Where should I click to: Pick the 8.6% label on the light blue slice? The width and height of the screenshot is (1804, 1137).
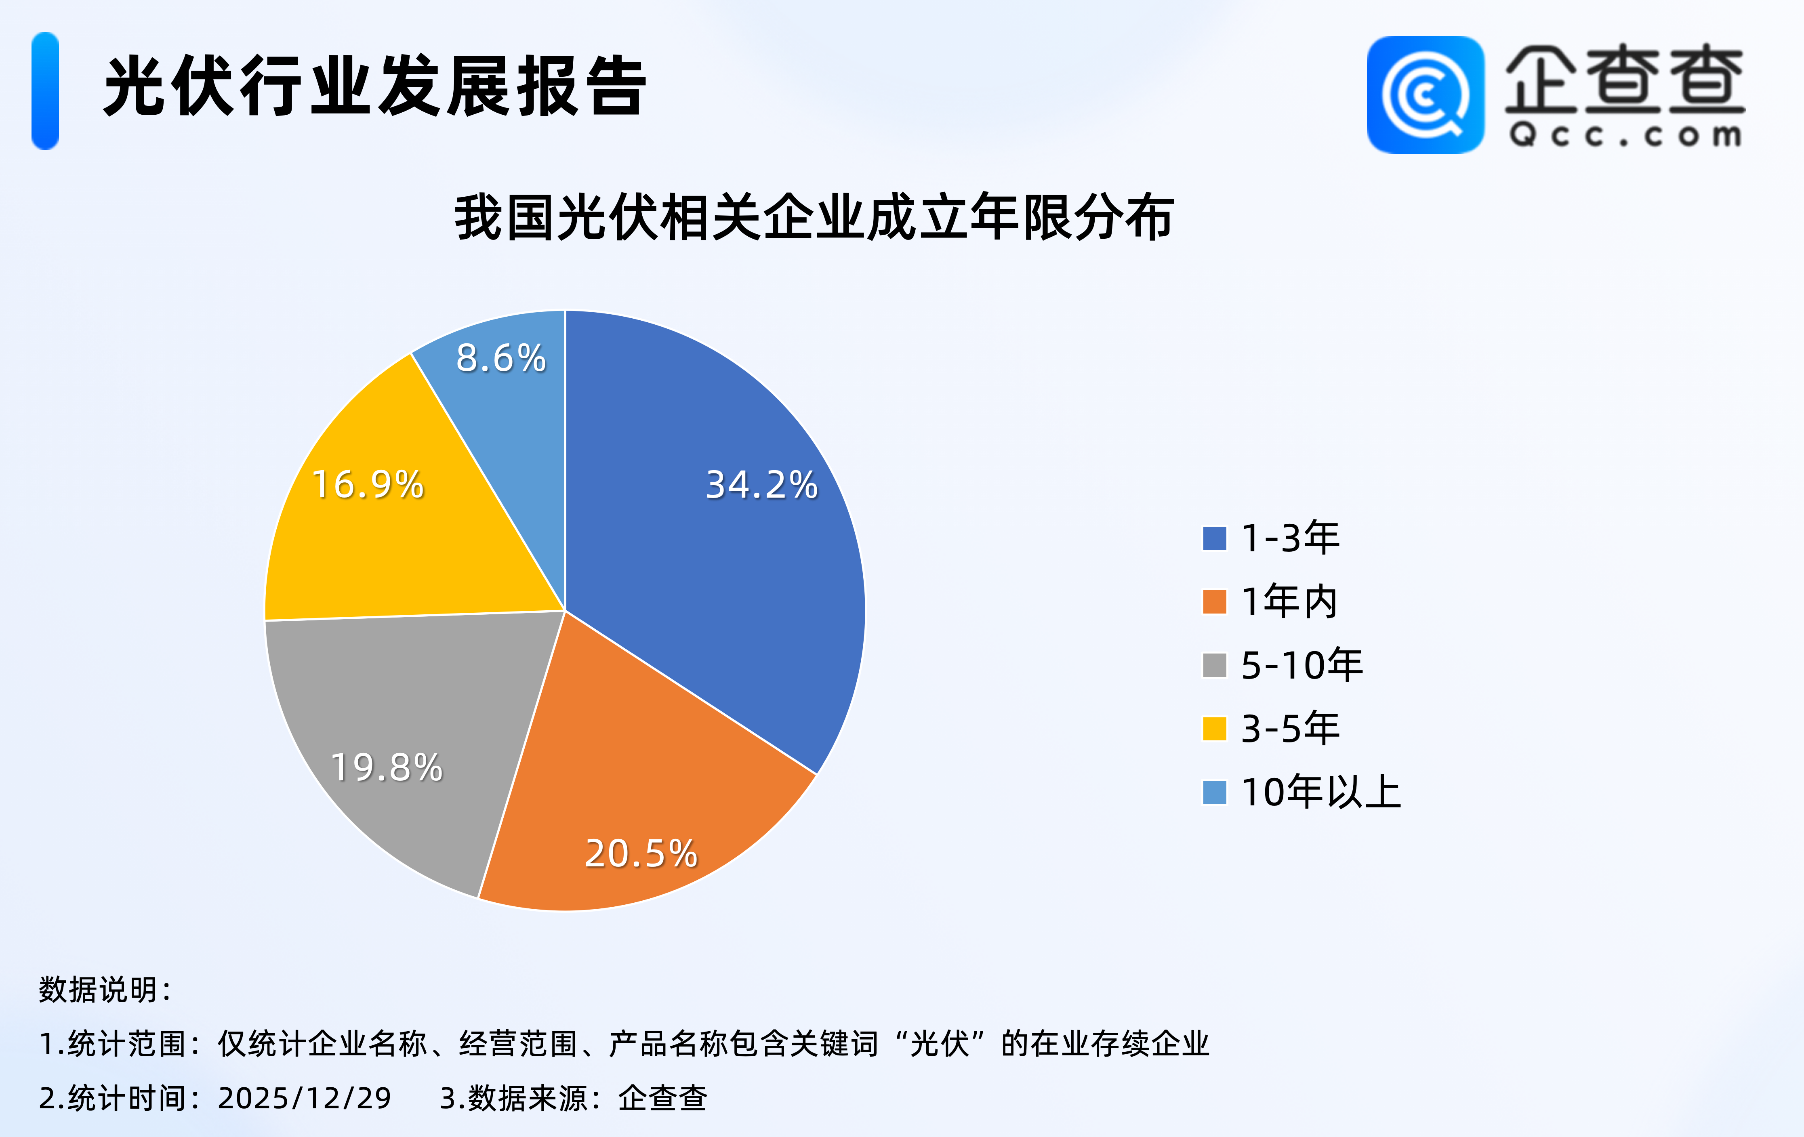pyautogui.click(x=501, y=358)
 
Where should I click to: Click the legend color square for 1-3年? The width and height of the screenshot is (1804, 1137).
pyautogui.click(x=1214, y=538)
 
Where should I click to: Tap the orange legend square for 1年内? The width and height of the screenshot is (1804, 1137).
pyautogui.click(x=1214, y=601)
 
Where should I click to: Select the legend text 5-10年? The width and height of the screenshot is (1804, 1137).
pyautogui.click(x=1302, y=665)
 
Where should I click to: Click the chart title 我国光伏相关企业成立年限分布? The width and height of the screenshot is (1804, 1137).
pyautogui.click(x=814, y=218)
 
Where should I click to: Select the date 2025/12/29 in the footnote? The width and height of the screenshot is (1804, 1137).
pyautogui.click(x=304, y=1099)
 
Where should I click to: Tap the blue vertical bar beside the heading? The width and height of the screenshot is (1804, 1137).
pyautogui.click(x=45, y=90)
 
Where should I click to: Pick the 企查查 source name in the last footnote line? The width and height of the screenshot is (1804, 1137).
pyautogui.click(x=662, y=1099)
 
